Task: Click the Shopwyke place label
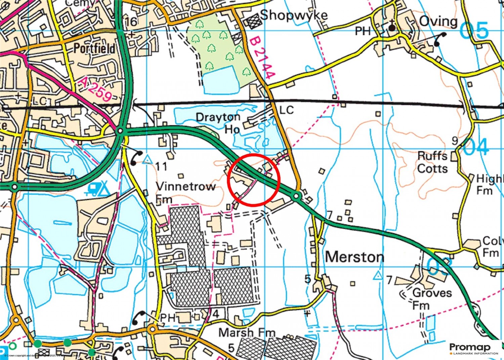tap(294, 15)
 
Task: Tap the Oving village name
tap(438, 22)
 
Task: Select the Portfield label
tap(94, 49)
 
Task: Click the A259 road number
tap(96, 89)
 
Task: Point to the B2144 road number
tap(263, 58)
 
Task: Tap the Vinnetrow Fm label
tap(185, 193)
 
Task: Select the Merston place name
tap(354, 257)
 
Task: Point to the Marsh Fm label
tap(247, 333)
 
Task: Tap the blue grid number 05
tap(474, 31)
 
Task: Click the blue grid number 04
tap(475, 147)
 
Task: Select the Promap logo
tap(474, 348)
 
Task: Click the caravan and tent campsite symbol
tap(98, 189)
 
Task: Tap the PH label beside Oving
tap(363, 31)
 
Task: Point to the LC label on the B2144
tap(287, 110)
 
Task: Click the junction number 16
tap(131, 22)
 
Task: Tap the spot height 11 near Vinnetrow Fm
tap(161, 166)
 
